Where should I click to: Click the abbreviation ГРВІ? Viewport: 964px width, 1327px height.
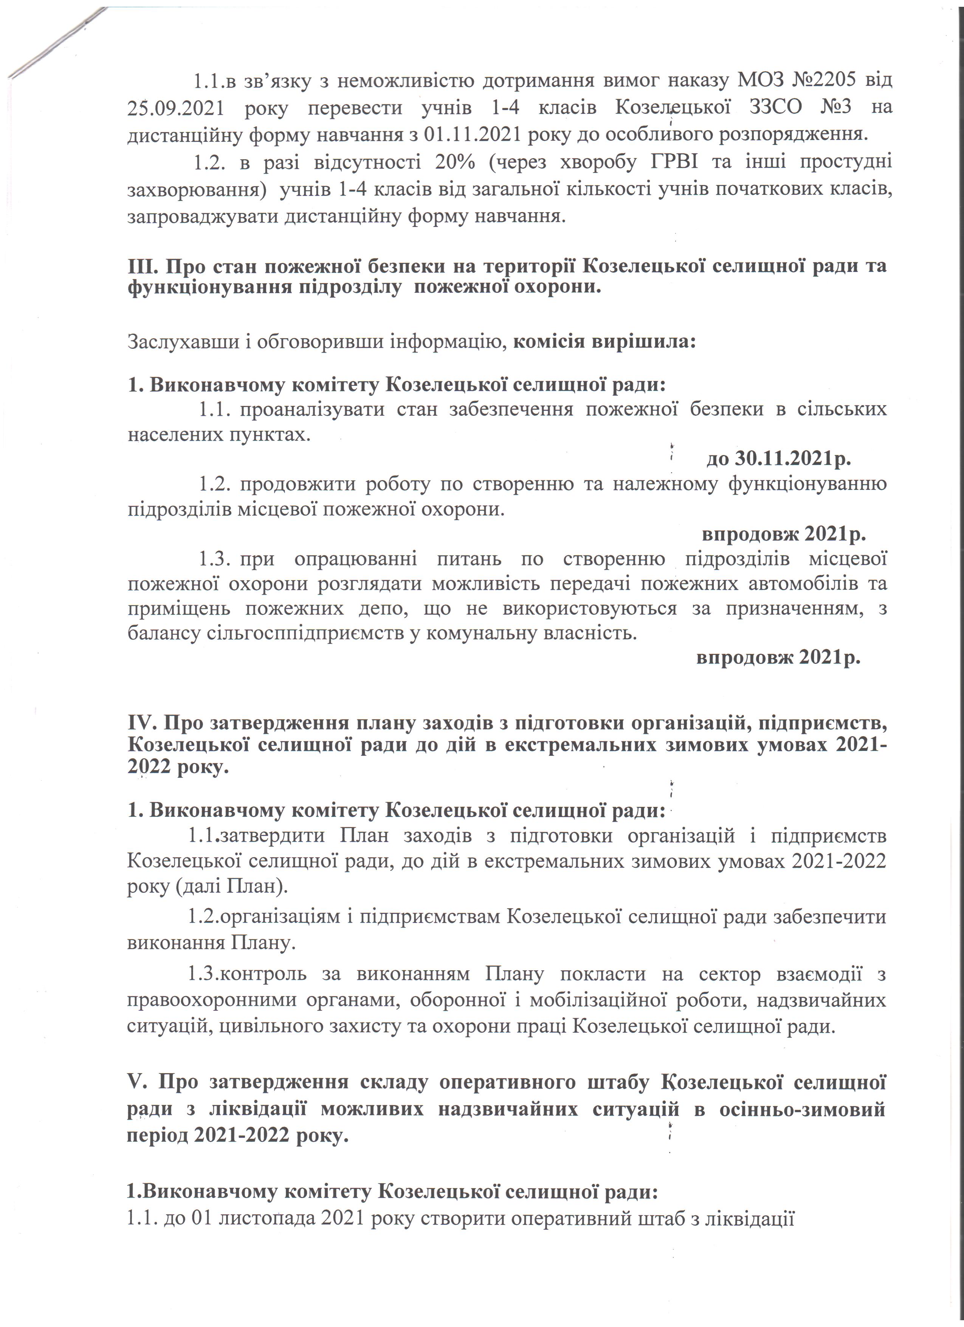click(x=674, y=162)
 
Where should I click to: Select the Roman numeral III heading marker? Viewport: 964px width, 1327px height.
click(x=143, y=266)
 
